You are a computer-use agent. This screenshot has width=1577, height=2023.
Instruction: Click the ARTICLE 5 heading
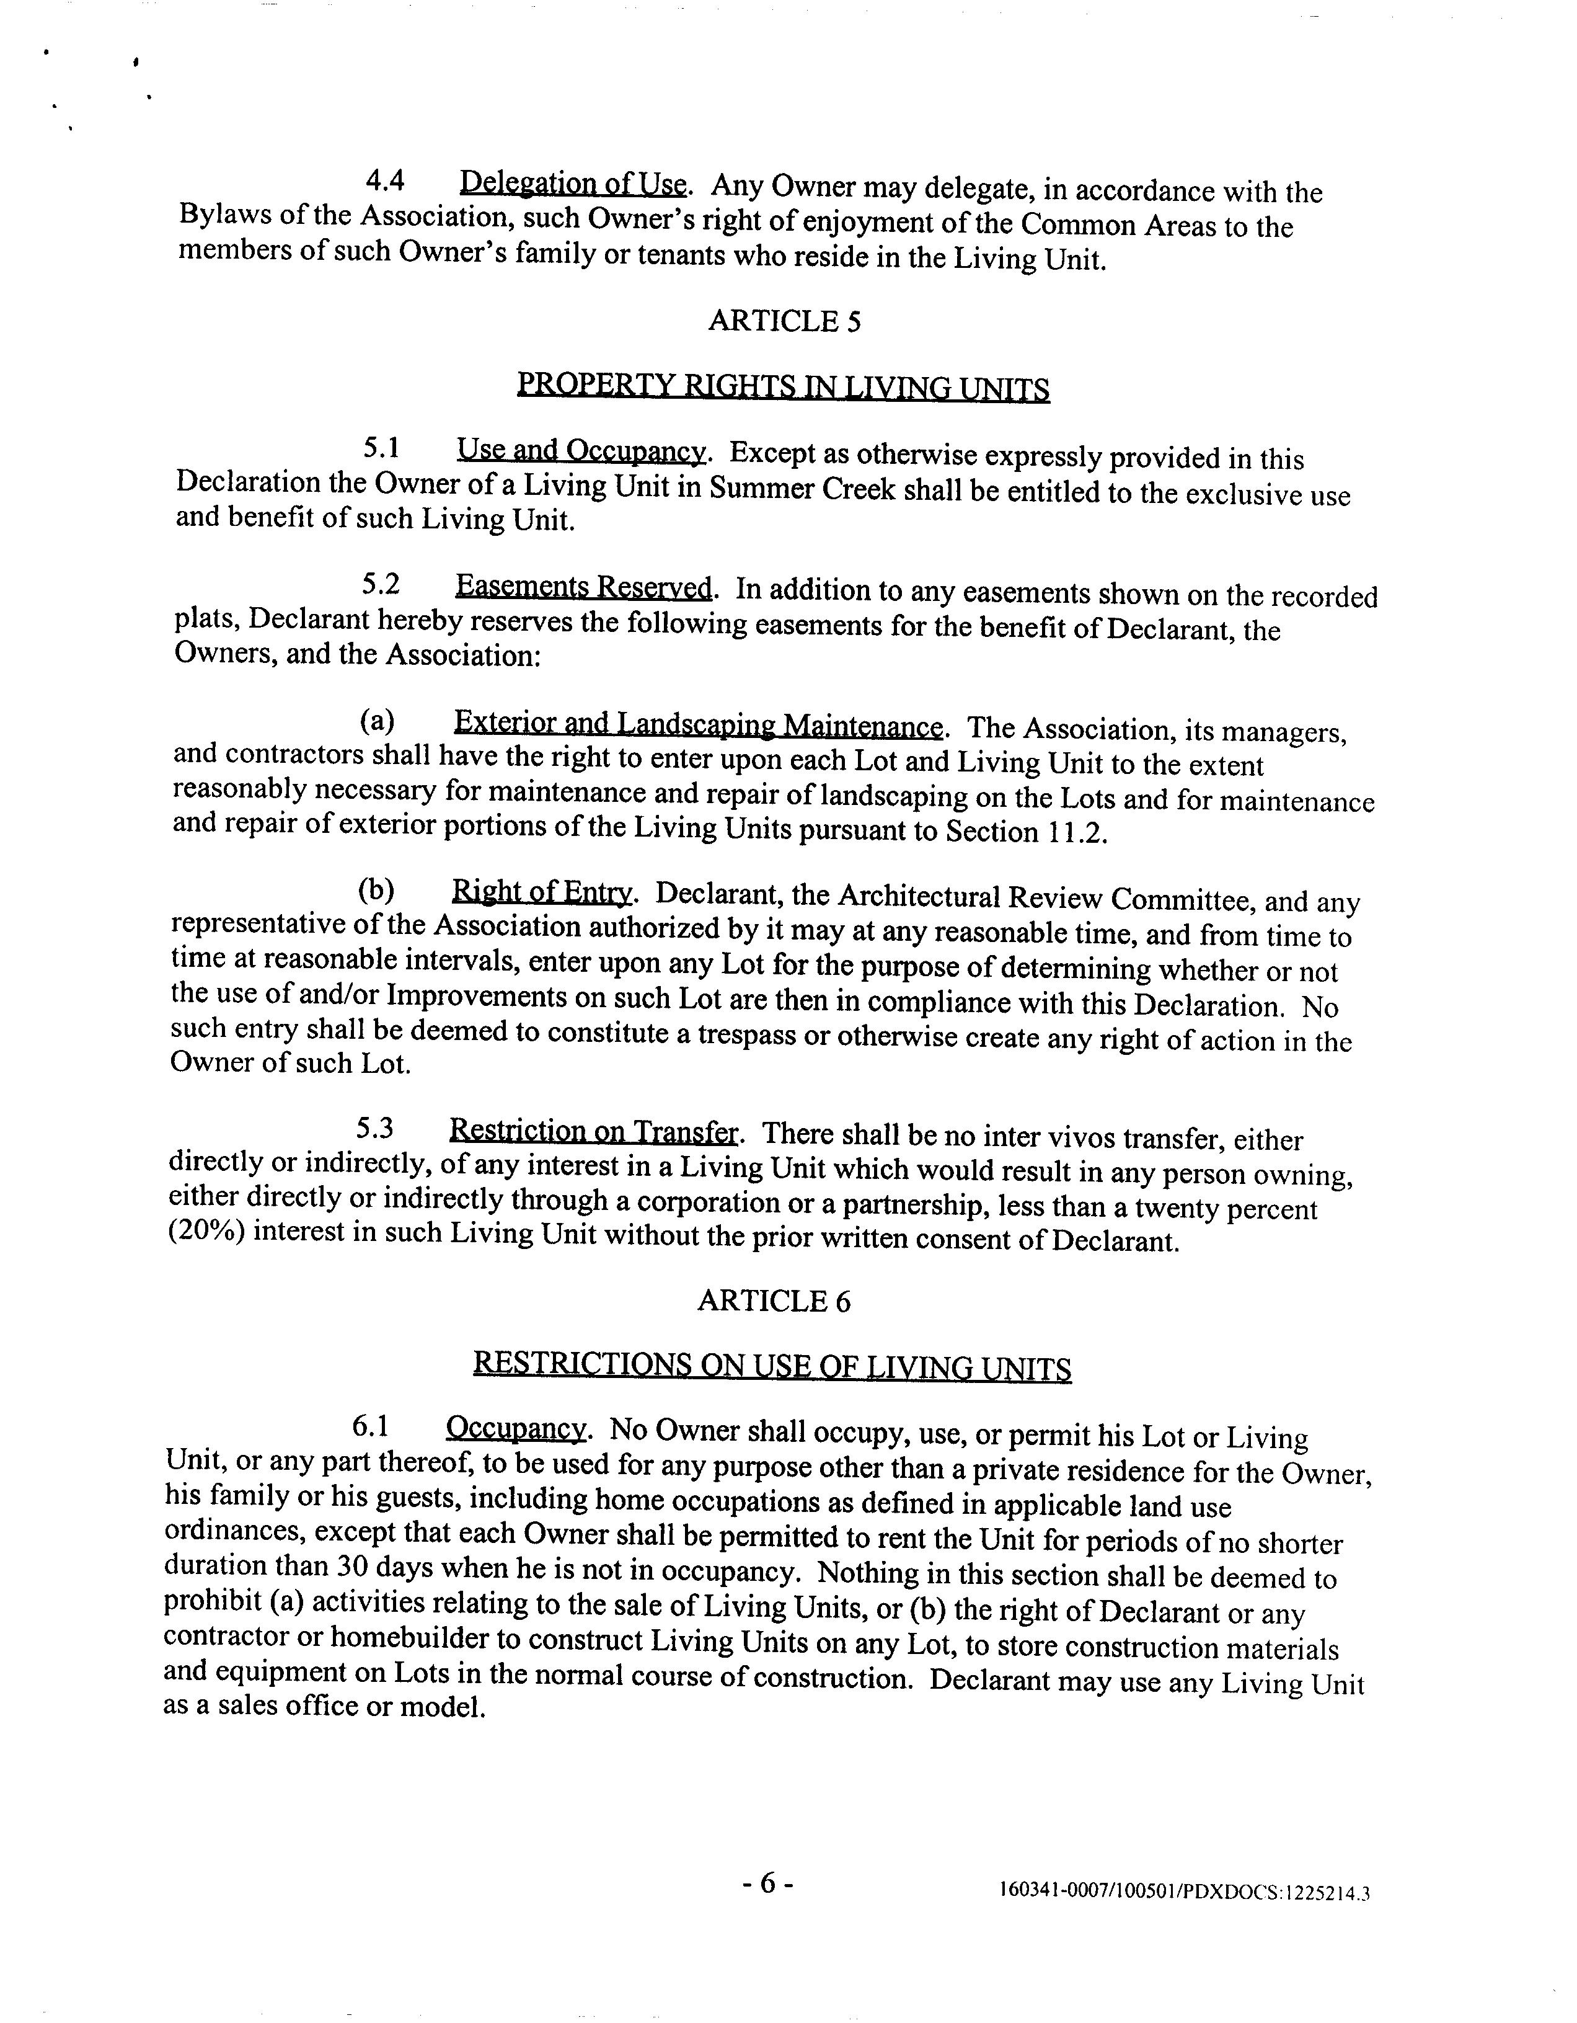point(784,321)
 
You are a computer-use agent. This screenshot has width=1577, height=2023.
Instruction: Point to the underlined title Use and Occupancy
point(581,451)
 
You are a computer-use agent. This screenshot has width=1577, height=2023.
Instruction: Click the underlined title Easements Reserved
point(583,587)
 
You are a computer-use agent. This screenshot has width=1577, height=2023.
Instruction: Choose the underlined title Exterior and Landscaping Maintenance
point(698,724)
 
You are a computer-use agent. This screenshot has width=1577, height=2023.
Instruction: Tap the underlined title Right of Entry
point(542,892)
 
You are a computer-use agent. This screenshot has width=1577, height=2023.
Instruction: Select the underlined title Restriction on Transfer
point(594,1131)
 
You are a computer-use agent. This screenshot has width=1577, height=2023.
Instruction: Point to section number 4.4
point(385,180)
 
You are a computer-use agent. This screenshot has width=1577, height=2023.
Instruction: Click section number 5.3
point(375,1128)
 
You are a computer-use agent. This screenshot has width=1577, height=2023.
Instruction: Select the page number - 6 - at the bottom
point(767,1883)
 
